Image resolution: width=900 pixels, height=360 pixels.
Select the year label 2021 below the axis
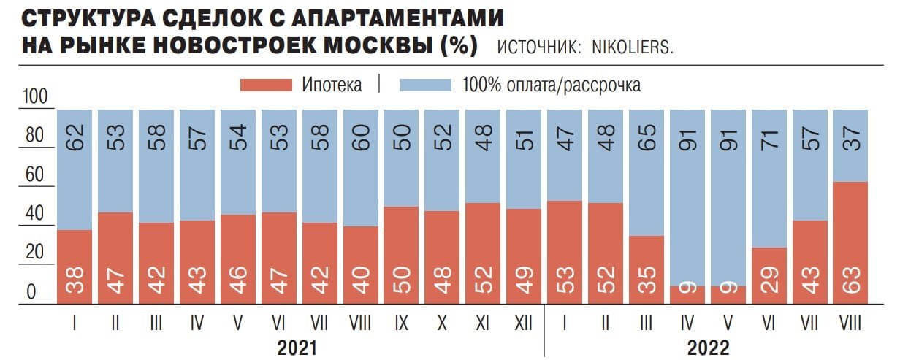click(x=297, y=347)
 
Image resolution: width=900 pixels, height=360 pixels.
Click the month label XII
click(x=524, y=321)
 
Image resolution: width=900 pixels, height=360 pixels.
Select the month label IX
click(x=401, y=321)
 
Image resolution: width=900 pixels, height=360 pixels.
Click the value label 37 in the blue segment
click(x=850, y=135)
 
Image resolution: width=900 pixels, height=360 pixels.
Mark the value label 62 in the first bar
click(x=75, y=135)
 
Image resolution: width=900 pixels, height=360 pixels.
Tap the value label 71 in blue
click(x=769, y=135)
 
